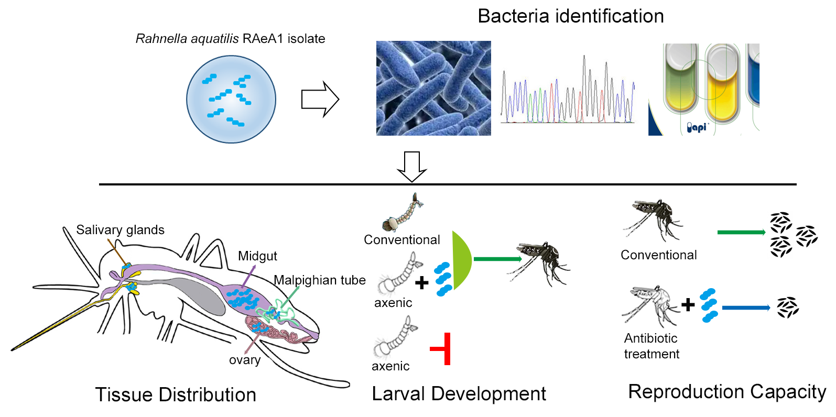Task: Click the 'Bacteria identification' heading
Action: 571,16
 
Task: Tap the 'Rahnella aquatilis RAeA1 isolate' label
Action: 230,39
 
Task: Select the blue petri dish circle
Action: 231,99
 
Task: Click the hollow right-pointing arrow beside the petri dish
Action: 320,99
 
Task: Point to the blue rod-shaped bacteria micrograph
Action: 433,88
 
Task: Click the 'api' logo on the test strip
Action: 698,127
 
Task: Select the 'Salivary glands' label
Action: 120,230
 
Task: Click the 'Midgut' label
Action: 257,256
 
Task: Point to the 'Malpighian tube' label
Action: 320,280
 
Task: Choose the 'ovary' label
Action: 245,360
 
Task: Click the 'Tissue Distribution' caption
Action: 176,394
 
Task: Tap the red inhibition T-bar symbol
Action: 442,348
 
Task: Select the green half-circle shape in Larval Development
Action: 461,260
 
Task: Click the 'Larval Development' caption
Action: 459,394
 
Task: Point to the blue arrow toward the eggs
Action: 745,308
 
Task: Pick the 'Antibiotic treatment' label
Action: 651,346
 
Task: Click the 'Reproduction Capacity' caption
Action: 727,392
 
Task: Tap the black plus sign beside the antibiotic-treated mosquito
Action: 688,304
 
